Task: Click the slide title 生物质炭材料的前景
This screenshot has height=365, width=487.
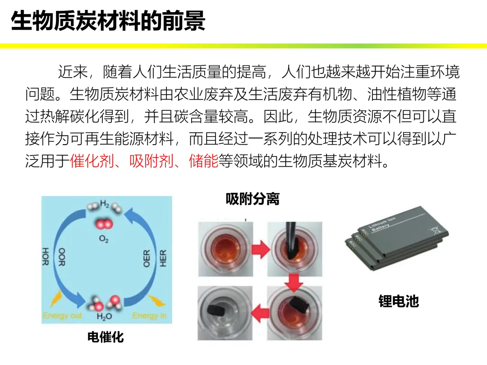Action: [x=108, y=21]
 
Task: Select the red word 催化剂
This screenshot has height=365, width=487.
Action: [x=92, y=161]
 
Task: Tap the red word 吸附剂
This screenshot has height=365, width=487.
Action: [x=152, y=161]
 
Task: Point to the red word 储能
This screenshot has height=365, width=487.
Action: [x=203, y=161]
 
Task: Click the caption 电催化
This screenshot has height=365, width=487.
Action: [x=106, y=337]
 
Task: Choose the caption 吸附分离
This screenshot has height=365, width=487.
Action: [x=253, y=199]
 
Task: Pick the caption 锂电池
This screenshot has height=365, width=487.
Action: [x=399, y=301]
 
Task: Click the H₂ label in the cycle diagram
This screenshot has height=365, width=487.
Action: [x=104, y=204]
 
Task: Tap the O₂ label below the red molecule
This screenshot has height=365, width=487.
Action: [x=104, y=239]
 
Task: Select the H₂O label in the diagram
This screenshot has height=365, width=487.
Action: [x=104, y=316]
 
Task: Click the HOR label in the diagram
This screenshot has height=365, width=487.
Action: [x=46, y=257]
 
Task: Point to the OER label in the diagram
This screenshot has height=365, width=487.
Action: [x=147, y=258]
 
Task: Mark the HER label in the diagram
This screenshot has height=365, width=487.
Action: [x=163, y=258]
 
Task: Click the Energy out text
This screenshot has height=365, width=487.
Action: [x=62, y=315]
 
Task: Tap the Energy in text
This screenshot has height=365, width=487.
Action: [x=149, y=315]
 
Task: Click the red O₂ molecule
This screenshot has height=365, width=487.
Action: [x=104, y=224]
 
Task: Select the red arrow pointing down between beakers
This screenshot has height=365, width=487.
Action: [x=294, y=282]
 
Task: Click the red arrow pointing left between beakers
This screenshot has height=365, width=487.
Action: [x=260, y=313]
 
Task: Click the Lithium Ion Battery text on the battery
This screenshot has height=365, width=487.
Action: [x=382, y=224]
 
